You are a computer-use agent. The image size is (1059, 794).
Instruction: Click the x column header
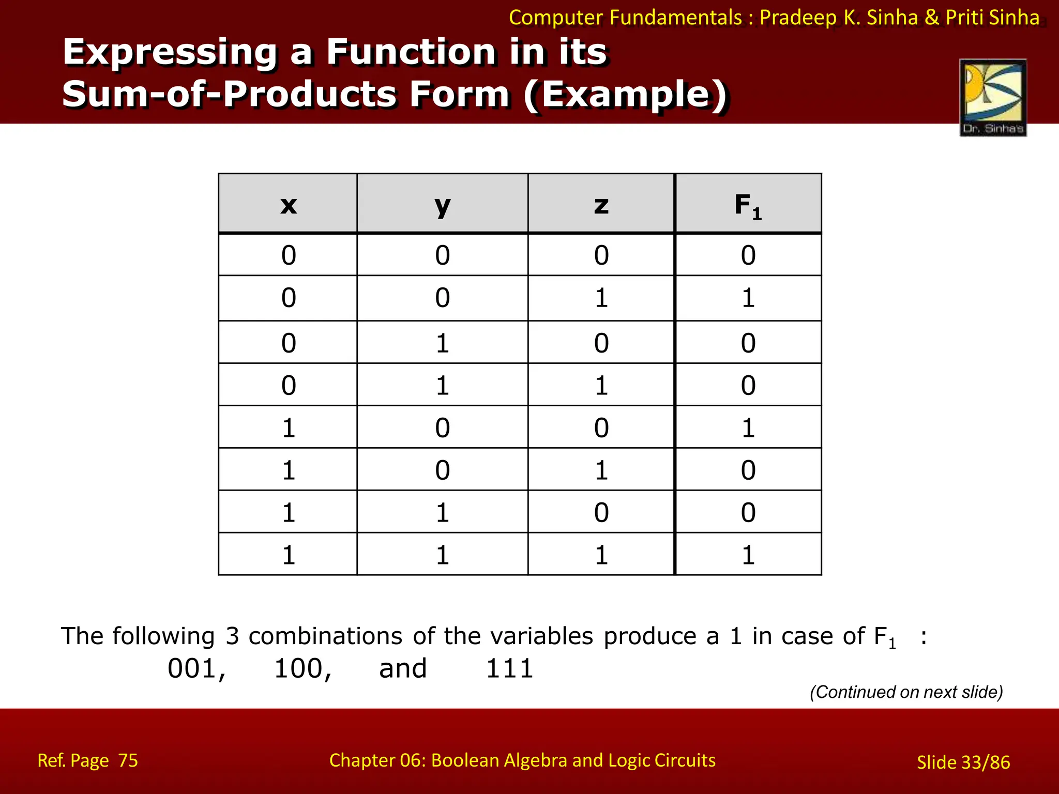(288, 205)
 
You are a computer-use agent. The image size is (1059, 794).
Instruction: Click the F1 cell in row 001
(748, 298)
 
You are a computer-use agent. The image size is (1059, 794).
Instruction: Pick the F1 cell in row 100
(748, 428)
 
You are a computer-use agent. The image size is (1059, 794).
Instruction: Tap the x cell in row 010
(288, 343)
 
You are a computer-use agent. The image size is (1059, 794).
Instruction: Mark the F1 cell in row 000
(748, 255)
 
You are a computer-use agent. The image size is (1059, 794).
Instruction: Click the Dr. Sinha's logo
(993, 98)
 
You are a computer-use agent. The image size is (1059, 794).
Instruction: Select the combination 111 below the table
(509, 669)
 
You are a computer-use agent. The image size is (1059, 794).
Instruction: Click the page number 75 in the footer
(128, 760)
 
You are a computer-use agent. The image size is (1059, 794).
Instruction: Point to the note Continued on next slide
(906, 692)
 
